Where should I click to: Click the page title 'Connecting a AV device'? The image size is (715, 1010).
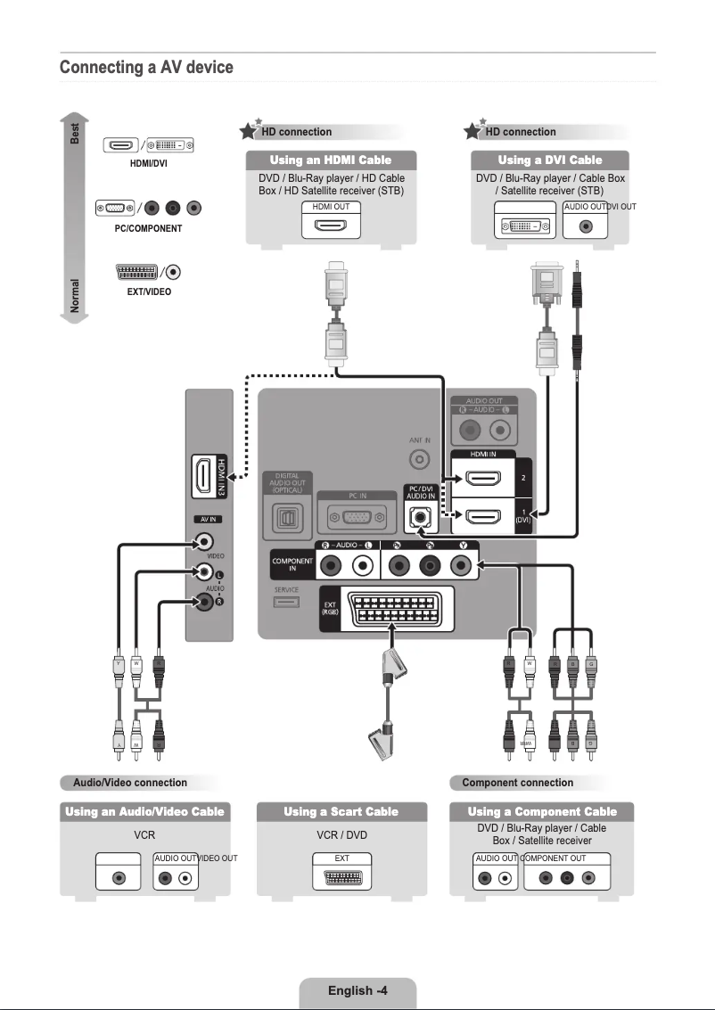(x=146, y=68)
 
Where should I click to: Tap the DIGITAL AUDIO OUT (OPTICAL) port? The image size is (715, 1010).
(x=287, y=517)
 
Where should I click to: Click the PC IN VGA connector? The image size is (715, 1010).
(x=357, y=517)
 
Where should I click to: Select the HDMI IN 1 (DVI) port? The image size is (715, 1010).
(x=481, y=517)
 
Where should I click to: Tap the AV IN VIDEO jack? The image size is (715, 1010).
(x=207, y=541)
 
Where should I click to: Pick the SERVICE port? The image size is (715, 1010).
(x=287, y=603)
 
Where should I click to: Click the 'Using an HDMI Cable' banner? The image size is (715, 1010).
(x=331, y=160)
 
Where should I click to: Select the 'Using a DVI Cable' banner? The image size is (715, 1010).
(x=549, y=160)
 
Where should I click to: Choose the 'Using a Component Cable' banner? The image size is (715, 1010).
(x=543, y=811)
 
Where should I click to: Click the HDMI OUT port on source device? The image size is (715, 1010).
(x=331, y=226)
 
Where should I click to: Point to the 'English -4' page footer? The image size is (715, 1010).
(x=357, y=991)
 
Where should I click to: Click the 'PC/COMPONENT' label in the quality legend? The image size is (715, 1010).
(x=148, y=229)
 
